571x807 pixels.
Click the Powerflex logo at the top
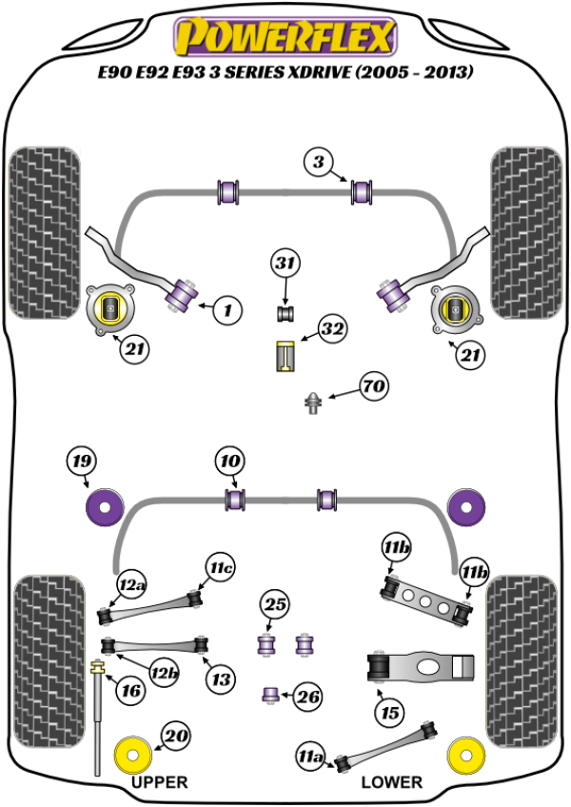[x=283, y=37]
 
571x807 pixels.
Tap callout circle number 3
[x=320, y=162]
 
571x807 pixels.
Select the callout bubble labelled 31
[x=285, y=263]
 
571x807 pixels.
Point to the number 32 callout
[x=332, y=330]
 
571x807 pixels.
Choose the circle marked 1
[x=226, y=309]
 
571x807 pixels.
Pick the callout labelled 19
[x=82, y=463]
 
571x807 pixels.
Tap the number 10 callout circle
[x=228, y=463]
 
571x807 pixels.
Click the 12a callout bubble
[x=131, y=583]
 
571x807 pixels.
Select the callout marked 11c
[x=221, y=569]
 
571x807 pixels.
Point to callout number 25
[x=275, y=604]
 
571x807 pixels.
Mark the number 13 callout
[x=221, y=679]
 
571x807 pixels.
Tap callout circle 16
[x=130, y=690]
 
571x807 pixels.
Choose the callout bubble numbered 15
[x=389, y=710]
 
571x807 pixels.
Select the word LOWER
[x=391, y=782]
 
